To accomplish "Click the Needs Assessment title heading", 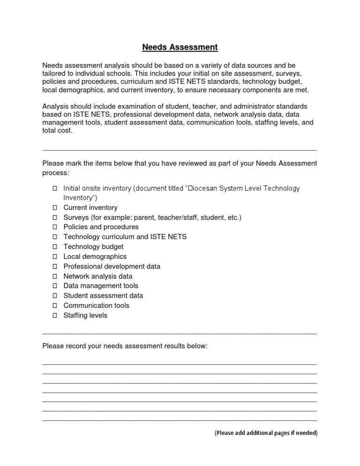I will [x=180, y=47].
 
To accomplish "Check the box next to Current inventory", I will [x=54, y=208].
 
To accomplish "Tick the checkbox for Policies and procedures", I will [x=54, y=227].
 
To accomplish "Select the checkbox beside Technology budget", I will [x=54, y=247].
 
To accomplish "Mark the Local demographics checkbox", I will [x=54, y=256].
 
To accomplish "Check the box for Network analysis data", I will [x=54, y=276].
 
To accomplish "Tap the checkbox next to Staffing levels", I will [x=54, y=316].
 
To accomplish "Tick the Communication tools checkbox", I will [x=54, y=306].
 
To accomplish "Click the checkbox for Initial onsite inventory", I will [x=54, y=188].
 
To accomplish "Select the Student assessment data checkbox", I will [x=54, y=296].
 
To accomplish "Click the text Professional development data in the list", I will [x=112, y=266].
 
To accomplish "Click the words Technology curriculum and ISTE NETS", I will [x=125, y=237].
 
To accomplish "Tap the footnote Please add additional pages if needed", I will [x=266, y=433].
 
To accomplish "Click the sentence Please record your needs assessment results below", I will [x=125, y=346].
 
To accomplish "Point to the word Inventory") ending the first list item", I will [x=80, y=198].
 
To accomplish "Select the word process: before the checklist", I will [x=55, y=173].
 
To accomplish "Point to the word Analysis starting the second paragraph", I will [x=56, y=106].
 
